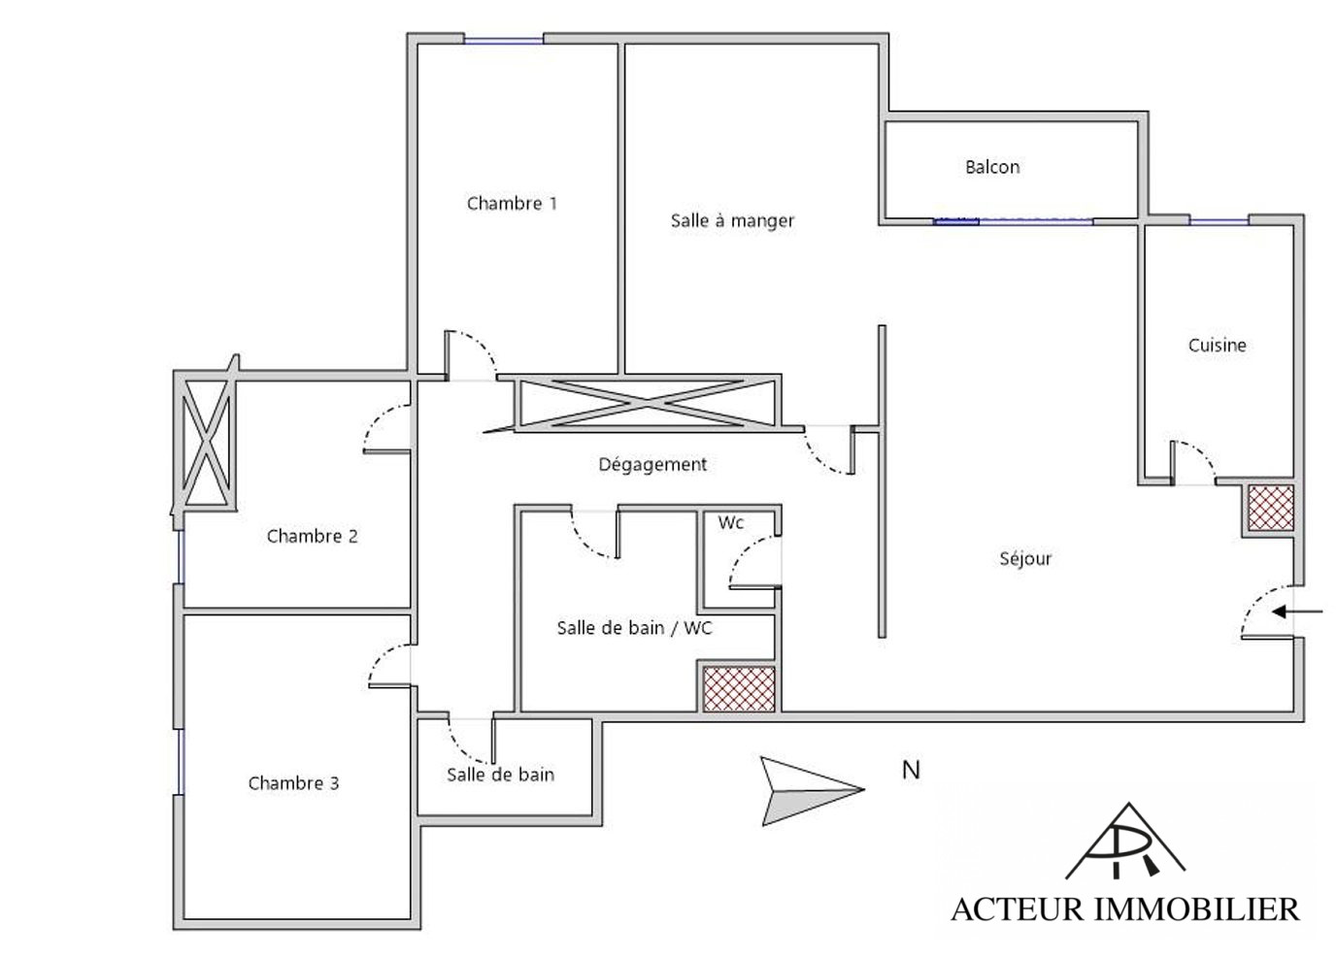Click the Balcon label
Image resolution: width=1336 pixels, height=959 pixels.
992,167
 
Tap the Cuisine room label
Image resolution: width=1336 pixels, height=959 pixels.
1217,346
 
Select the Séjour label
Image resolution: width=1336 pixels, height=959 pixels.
1025,559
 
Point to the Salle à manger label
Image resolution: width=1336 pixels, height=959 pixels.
732,220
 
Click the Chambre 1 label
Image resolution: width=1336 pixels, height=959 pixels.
512,204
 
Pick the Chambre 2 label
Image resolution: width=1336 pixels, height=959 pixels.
312,536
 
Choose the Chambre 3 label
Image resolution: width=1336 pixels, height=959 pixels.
293,783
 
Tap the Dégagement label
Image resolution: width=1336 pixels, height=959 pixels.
652,465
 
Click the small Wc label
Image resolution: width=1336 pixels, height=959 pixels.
730,523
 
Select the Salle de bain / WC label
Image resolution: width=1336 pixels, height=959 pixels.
635,627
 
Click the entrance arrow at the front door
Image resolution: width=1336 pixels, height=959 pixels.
1296,612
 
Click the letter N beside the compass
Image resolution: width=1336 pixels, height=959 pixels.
911,770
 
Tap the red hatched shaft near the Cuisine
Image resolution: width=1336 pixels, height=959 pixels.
1271,508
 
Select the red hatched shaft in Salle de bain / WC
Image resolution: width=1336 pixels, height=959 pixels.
739,689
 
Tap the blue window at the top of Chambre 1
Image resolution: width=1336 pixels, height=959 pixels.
504,41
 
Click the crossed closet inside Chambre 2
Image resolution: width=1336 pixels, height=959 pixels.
207,444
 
